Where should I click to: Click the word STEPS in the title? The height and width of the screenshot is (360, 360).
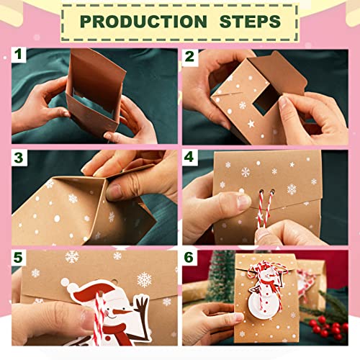point(246,22)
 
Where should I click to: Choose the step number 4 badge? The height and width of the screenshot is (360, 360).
point(189,158)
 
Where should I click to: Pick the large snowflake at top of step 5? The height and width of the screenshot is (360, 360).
point(72,257)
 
